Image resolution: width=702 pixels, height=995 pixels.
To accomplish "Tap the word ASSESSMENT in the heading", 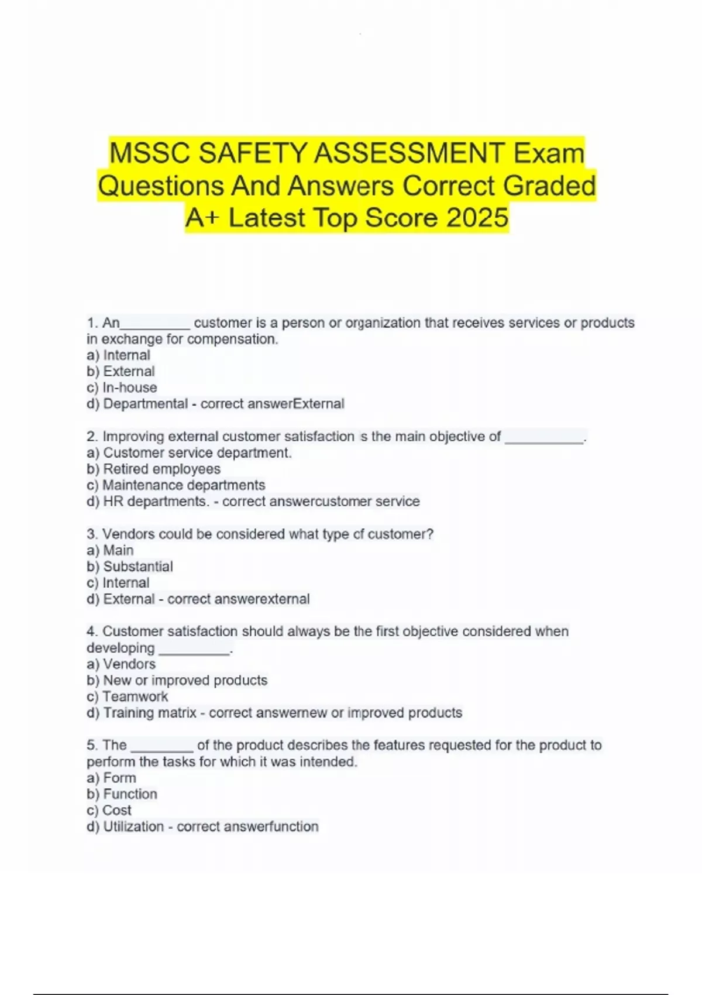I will (408, 153).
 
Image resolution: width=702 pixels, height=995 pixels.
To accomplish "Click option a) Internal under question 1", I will (118, 355).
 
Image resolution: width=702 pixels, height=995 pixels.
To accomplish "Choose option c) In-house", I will (122, 387).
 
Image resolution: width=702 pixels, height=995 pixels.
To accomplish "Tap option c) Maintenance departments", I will (175, 485).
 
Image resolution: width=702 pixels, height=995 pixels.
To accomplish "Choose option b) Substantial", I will (130, 567).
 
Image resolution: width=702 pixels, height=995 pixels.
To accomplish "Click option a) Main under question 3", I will (110, 550).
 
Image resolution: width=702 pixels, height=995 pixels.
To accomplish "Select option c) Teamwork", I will (127, 696).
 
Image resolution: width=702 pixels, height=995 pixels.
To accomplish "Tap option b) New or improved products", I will (177, 680).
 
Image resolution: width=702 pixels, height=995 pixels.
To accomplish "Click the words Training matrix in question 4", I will (150, 713).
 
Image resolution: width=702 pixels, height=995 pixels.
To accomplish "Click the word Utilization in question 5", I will (133, 826).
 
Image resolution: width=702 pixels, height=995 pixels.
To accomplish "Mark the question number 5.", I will (92, 745).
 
